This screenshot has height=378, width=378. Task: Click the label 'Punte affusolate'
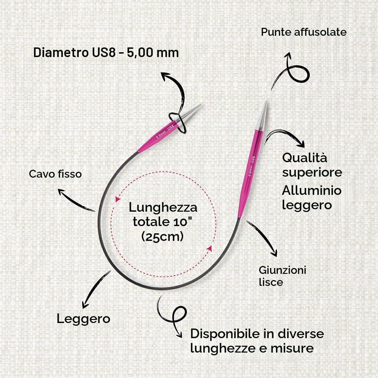(x=303, y=32)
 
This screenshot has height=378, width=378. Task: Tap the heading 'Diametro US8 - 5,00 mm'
(x=106, y=53)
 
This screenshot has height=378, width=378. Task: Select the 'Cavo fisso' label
(x=55, y=174)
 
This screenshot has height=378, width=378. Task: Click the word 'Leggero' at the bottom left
(x=84, y=319)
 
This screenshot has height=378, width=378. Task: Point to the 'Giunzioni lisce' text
(x=282, y=276)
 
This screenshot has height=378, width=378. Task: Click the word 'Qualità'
(x=304, y=158)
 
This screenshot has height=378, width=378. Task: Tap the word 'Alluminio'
(x=311, y=190)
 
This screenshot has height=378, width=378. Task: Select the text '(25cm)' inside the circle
(x=162, y=237)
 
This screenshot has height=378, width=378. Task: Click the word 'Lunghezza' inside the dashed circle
(x=163, y=208)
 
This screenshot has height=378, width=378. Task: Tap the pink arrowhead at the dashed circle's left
(x=118, y=199)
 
